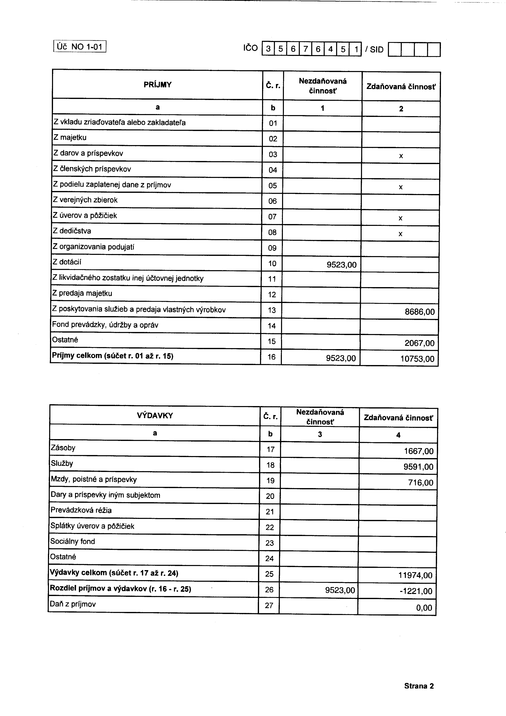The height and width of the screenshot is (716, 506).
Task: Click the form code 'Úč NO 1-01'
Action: (x=80, y=47)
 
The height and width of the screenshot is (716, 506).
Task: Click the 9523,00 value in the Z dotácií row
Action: (x=341, y=265)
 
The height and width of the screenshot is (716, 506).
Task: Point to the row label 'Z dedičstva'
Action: (x=72, y=231)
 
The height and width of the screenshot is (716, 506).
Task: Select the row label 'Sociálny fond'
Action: (x=73, y=541)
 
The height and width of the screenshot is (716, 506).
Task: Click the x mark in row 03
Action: (x=401, y=156)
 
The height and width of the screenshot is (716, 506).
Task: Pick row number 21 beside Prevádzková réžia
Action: (x=270, y=512)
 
